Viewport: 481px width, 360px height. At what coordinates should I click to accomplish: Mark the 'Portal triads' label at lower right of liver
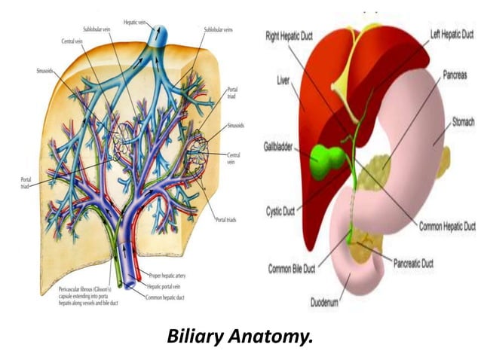coord(225,219)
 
